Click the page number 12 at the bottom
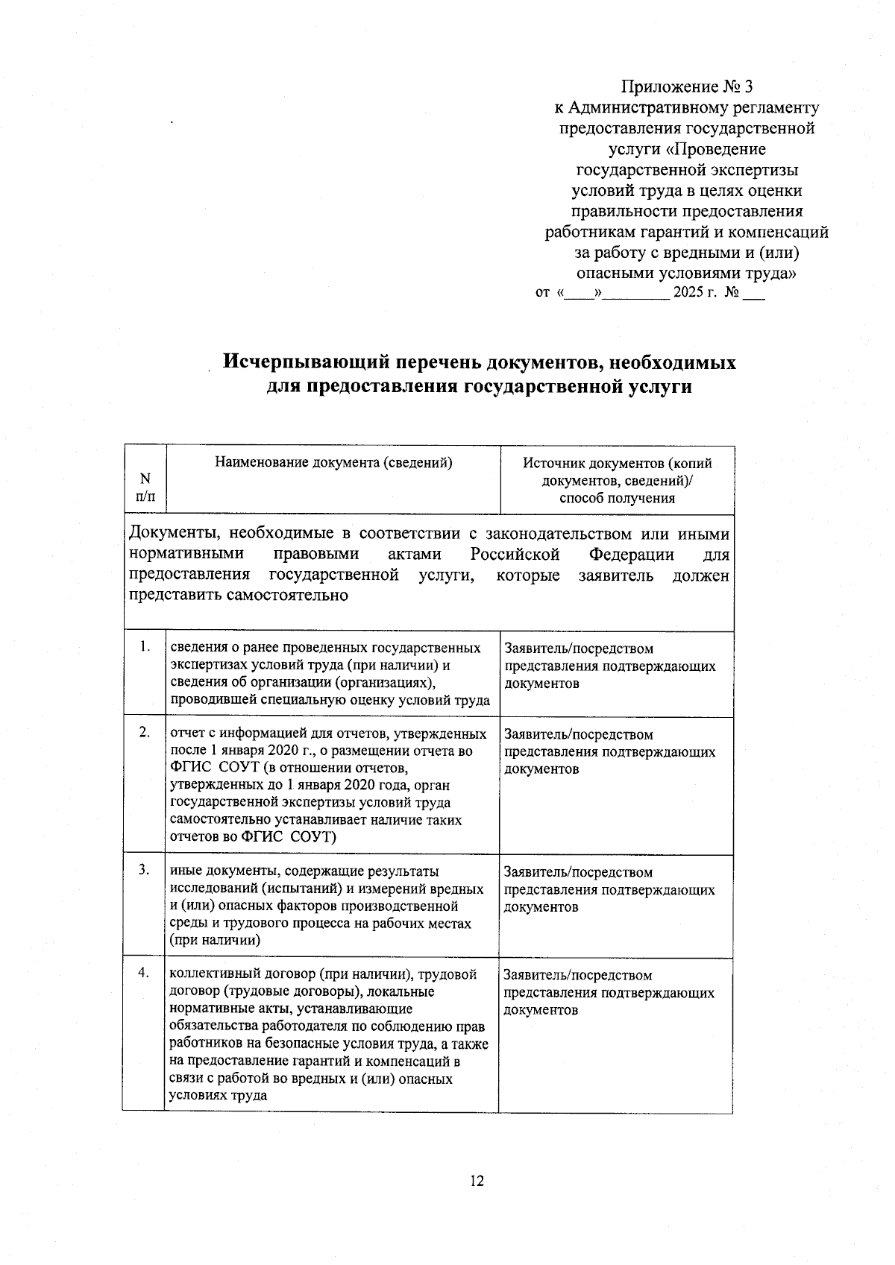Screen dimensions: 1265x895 pos(477,1181)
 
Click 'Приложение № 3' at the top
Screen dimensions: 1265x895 pos(686,86)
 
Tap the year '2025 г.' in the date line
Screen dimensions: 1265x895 pos(694,292)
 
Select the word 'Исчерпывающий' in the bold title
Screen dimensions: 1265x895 pos(307,362)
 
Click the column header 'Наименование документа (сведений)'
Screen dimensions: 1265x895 pos(333,462)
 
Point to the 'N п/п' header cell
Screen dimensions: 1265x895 pos(145,487)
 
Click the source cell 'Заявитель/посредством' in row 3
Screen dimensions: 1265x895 pos(578,872)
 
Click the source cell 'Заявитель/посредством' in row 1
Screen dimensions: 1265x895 pos(578,649)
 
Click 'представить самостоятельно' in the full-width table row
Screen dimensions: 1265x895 pos(239,596)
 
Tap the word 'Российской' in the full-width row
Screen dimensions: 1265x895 pos(515,555)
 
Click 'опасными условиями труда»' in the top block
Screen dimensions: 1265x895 pos(686,273)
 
